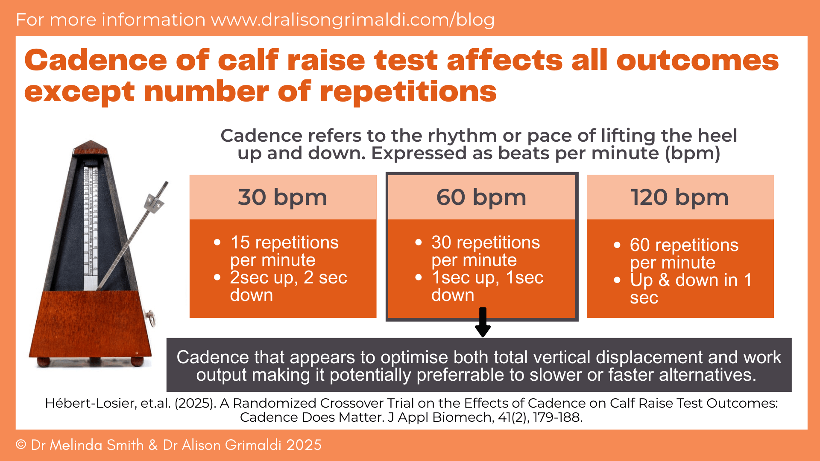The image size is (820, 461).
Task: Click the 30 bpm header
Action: (x=283, y=197)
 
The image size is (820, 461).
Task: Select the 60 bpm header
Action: (x=481, y=197)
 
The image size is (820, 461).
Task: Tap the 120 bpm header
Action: (x=680, y=197)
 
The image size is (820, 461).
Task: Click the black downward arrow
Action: (x=483, y=323)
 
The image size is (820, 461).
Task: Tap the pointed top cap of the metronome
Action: (x=91, y=147)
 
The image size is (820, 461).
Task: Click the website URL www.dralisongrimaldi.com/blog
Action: (x=353, y=20)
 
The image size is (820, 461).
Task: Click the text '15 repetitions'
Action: (x=284, y=242)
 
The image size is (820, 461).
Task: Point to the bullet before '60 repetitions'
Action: (x=617, y=245)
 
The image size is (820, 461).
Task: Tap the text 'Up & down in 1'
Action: (x=691, y=280)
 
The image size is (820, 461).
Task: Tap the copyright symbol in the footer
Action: (x=21, y=445)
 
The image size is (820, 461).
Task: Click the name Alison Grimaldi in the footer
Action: (x=252, y=445)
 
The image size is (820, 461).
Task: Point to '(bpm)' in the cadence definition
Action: (x=692, y=153)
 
